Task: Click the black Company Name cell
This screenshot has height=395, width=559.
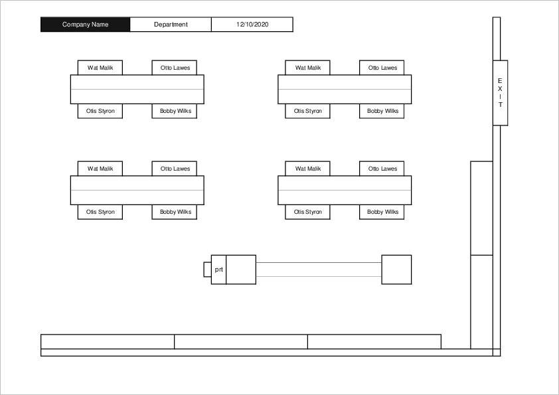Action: click(x=85, y=25)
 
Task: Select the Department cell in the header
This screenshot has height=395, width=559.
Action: click(x=171, y=25)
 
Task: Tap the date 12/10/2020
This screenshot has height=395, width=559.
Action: click(x=252, y=25)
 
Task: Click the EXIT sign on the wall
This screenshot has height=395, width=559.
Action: click(x=500, y=93)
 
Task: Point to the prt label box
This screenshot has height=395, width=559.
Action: click(x=218, y=270)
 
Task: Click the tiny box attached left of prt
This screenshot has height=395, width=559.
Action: click(x=207, y=270)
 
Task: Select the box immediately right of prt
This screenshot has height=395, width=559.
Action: click(x=241, y=270)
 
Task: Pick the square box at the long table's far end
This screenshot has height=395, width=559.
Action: click(x=396, y=270)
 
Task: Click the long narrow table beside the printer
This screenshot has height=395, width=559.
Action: click(x=319, y=270)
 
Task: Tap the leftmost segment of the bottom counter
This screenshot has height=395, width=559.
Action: click(x=108, y=341)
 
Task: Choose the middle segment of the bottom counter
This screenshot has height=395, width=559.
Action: click(x=241, y=341)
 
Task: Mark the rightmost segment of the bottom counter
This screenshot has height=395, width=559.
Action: click(x=374, y=341)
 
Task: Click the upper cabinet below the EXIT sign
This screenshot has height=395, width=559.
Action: click(x=481, y=208)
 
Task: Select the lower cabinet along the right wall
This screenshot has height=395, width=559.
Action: click(x=481, y=301)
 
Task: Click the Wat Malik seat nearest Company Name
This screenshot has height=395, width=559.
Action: click(x=100, y=68)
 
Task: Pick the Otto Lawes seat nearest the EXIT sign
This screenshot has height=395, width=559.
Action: click(x=382, y=68)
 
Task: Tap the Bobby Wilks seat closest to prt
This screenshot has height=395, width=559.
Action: click(x=175, y=212)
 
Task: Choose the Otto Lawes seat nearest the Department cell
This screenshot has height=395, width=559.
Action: click(x=175, y=68)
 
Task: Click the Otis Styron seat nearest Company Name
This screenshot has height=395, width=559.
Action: click(x=100, y=111)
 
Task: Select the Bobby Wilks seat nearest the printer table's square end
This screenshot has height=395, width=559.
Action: click(x=382, y=212)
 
